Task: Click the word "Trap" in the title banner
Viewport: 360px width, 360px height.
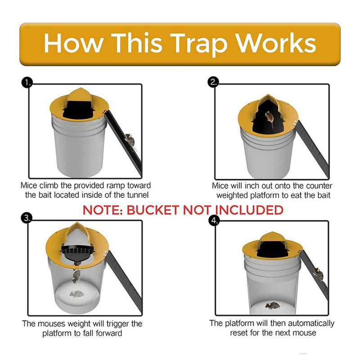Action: pos(199,44)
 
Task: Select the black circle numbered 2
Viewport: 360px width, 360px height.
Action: pos(213,82)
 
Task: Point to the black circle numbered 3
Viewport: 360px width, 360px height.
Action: pos(27,218)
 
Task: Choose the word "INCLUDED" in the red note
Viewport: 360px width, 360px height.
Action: pos(249,210)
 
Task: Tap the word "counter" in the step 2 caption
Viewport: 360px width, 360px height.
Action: pos(319,186)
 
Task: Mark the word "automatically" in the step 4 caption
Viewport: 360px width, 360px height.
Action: pos(311,324)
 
